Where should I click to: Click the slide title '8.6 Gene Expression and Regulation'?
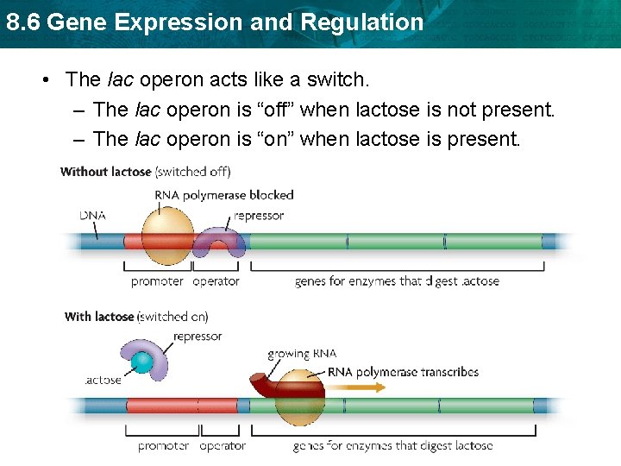click(x=214, y=22)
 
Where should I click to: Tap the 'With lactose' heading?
click(x=99, y=317)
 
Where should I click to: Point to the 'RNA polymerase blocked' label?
click(x=224, y=195)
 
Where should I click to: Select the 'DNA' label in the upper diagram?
click(x=93, y=214)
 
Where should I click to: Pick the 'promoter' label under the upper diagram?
click(x=157, y=281)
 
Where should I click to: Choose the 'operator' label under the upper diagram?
click(x=216, y=281)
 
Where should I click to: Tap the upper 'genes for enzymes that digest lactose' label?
click(x=397, y=281)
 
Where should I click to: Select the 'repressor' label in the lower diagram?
click(x=198, y=337)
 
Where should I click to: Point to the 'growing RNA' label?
click(x=301, y=354)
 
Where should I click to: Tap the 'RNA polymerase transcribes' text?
click(x=403, y=372)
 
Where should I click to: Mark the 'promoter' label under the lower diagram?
click(x=164, y=446)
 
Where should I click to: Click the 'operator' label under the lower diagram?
click(x=223, y=446)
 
